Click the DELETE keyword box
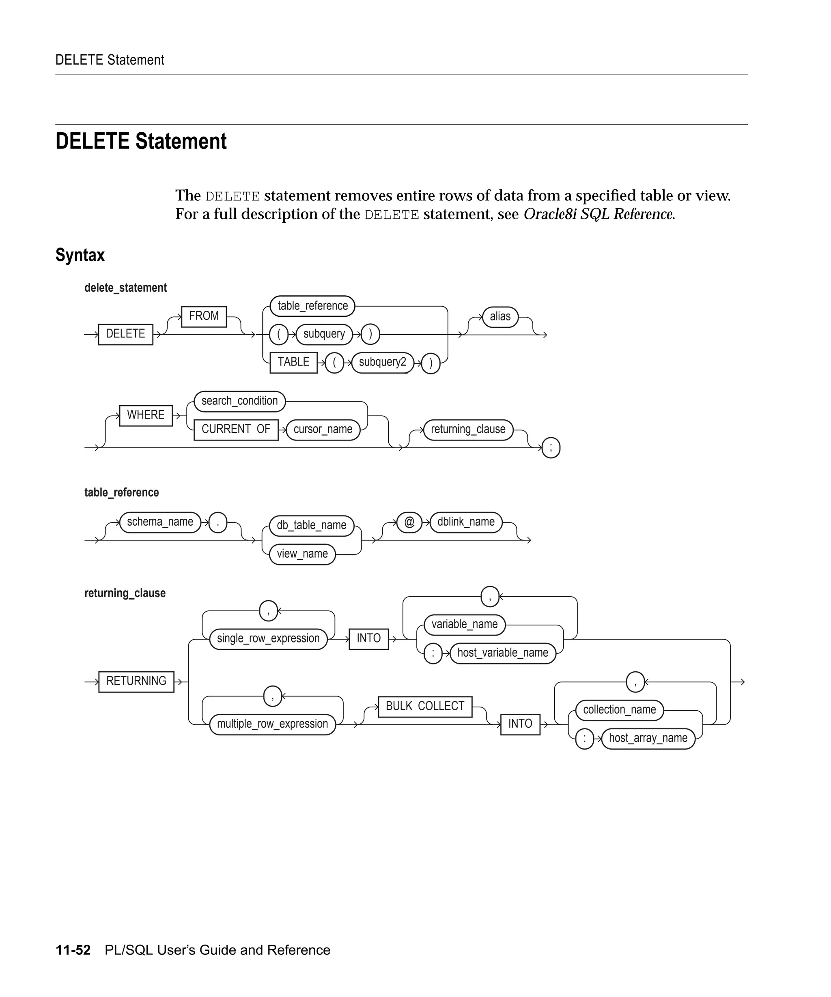[125, 334]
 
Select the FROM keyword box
[204, 316]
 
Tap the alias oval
[500, 317]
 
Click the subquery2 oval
[382, 363]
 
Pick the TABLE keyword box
[293, 363]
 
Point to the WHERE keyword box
[146, 415]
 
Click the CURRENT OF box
[236, 430]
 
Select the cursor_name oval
[323, 430]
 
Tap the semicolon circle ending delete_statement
[551, 448]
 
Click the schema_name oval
[160, 522]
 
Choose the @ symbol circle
[409, 522]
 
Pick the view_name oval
[302, 554]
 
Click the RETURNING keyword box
[136, 681]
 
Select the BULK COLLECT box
[425, 707]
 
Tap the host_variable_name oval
[502, 653]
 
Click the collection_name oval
[619, 710]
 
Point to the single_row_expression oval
[268, 639]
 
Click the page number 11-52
[73, 950]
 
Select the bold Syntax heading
[80, 256]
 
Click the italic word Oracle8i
[550, 215]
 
